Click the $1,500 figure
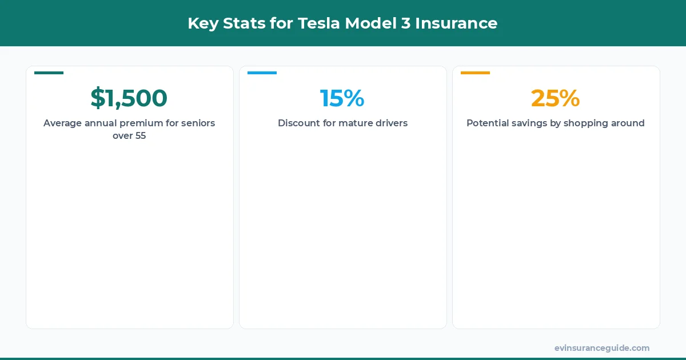click(129, 98)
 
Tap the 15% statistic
click(342, 98)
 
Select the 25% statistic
click(555, 98)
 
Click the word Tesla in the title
click(317, 23)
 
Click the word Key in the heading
click(201, 23)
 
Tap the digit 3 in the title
click(405, 23)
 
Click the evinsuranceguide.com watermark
click(601, 348)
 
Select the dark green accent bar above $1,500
click(49, 73)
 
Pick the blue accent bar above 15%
click(262, 73)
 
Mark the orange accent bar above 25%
click(475, 73)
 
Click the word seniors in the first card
click(198, 123)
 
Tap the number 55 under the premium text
click(140, 136)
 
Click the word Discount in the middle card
click(299, 123)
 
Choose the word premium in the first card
click(141, 123)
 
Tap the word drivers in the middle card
click(393, 123)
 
